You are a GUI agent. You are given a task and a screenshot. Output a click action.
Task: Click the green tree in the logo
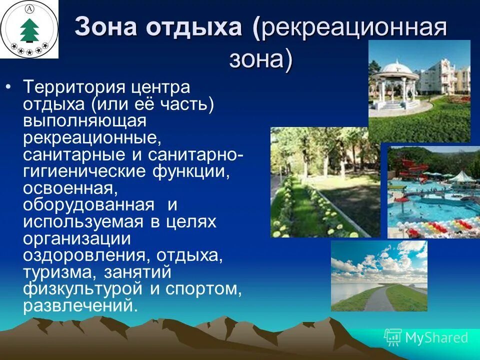point(29,30)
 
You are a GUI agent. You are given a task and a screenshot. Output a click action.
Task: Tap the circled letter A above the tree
point(29,9)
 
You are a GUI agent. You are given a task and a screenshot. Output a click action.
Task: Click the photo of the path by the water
point(379,276)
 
